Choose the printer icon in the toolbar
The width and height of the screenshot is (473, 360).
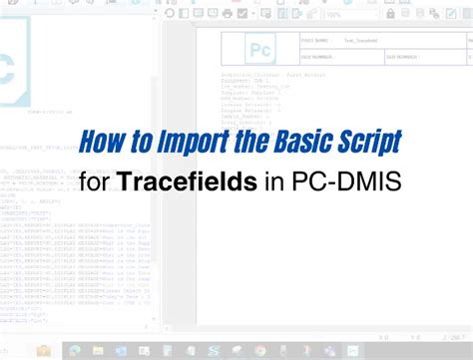click(x=227, y=14)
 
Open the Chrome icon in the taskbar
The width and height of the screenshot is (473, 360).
click(x=258, y=350)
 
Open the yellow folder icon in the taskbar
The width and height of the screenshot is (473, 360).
click(x=44, y=350)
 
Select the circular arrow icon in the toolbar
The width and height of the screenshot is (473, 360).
click(x=170, y=14)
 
